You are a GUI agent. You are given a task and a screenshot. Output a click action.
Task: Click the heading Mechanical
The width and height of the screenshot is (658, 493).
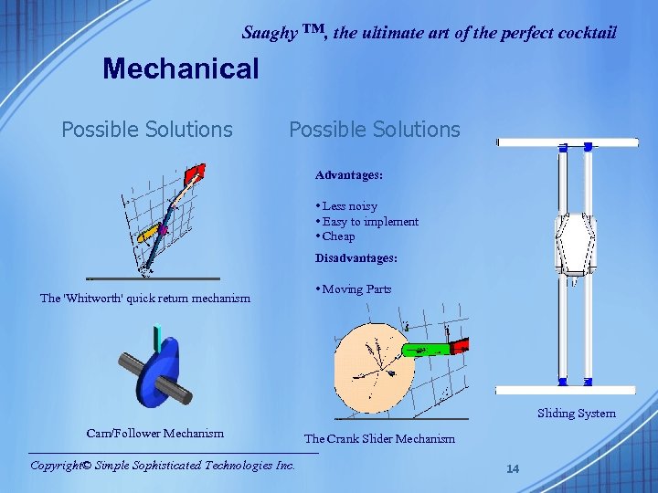point(181,68)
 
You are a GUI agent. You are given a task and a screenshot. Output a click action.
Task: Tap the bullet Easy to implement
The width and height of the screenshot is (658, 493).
point(369,221)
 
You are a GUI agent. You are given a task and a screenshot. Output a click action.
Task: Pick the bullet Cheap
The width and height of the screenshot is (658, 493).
point(338,236)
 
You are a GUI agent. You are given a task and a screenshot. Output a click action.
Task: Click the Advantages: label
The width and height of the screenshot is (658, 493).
point(349,174)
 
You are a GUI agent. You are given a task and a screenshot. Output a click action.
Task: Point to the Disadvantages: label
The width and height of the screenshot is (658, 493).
point(356,258)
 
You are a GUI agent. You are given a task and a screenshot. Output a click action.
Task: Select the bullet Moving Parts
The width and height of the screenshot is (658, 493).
point(356,289)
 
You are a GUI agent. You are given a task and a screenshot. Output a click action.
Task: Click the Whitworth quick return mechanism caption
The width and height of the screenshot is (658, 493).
point(145,298)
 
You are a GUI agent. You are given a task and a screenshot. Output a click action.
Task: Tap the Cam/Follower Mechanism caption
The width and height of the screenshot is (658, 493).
point(154,433)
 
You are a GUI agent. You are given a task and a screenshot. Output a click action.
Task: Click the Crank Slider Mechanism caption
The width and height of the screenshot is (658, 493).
point(379,439)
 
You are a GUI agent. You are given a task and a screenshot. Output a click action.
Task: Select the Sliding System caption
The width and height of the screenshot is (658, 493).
point(577,414)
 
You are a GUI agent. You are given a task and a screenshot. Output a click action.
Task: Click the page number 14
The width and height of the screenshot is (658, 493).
point(513,468)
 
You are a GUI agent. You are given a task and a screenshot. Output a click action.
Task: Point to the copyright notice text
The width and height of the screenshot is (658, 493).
point(163,465)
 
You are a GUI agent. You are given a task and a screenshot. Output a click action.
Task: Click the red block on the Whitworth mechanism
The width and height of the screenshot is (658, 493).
point(195,173)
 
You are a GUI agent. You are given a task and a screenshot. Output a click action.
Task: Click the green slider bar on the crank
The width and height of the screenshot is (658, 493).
point(426,348)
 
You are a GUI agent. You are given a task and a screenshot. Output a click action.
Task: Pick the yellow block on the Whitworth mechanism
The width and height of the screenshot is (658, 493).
point(147,235)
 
